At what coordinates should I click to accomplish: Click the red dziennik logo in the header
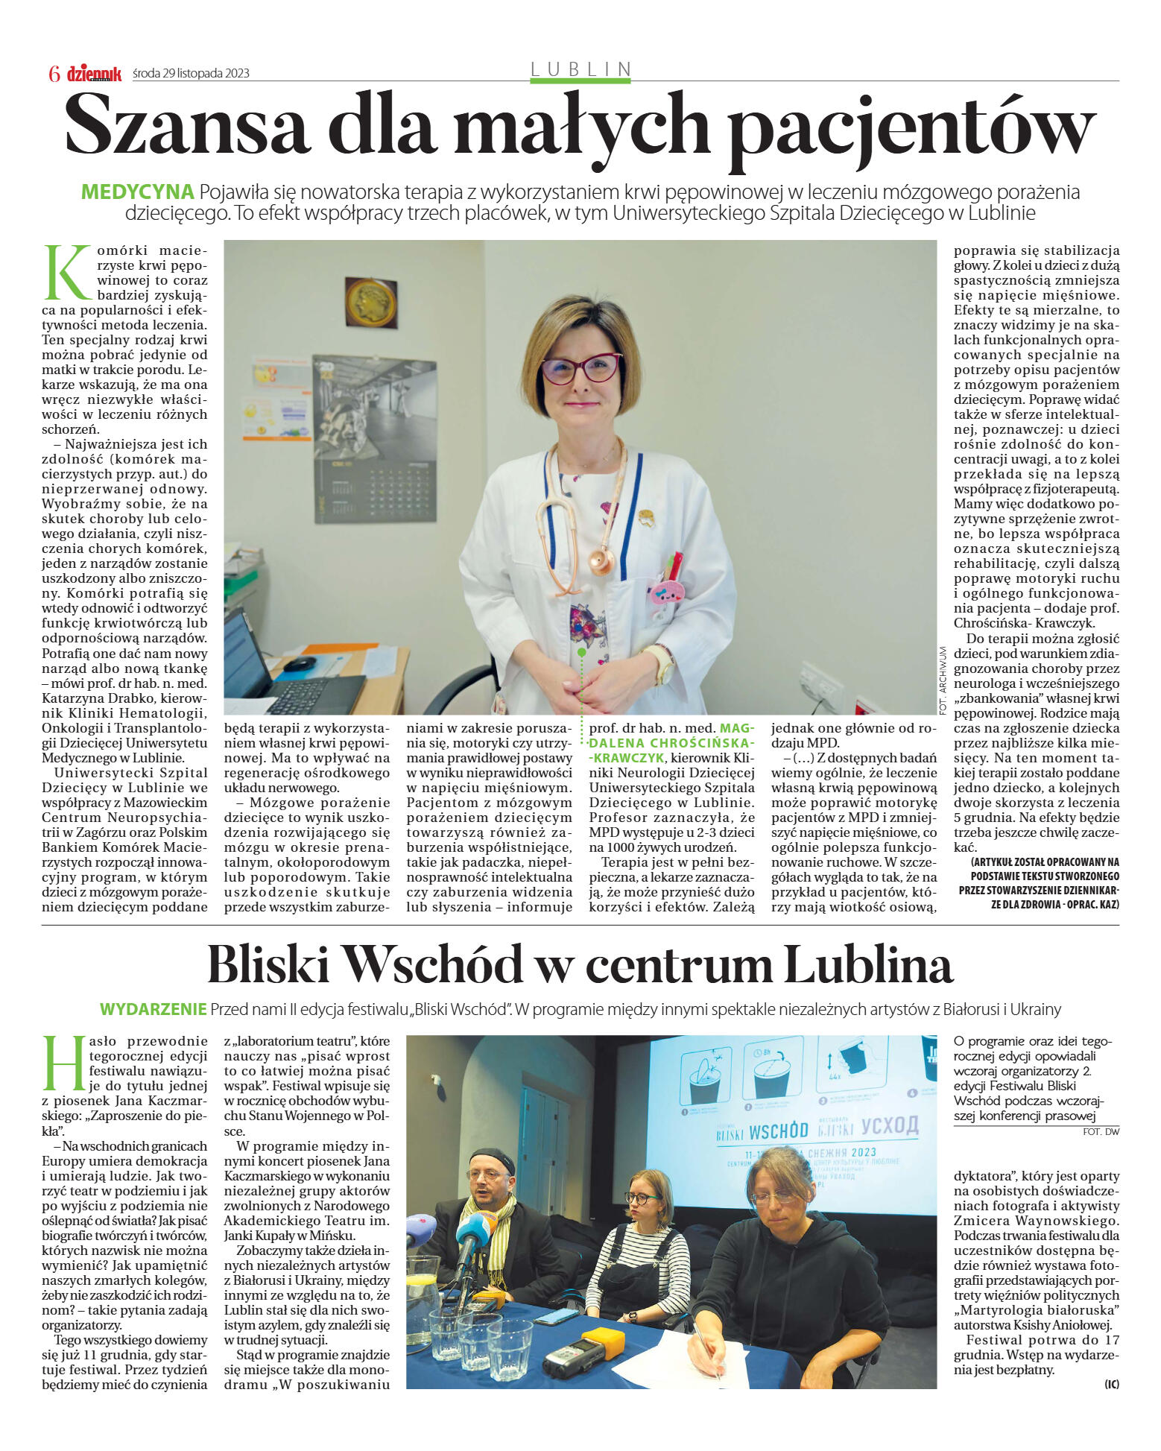click(94, 73)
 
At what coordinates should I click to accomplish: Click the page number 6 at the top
click(54, 73)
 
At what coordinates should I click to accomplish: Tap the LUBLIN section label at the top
click(580, 69)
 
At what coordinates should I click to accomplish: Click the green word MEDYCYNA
click(137, 192)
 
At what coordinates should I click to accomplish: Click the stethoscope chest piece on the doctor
click(601, 560)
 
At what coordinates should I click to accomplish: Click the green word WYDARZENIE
click(153, 1009)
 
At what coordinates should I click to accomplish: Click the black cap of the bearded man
click(492, 1160)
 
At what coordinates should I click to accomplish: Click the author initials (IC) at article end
click(1112, 1384)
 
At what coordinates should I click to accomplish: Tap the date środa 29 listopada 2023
click(191, 73)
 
